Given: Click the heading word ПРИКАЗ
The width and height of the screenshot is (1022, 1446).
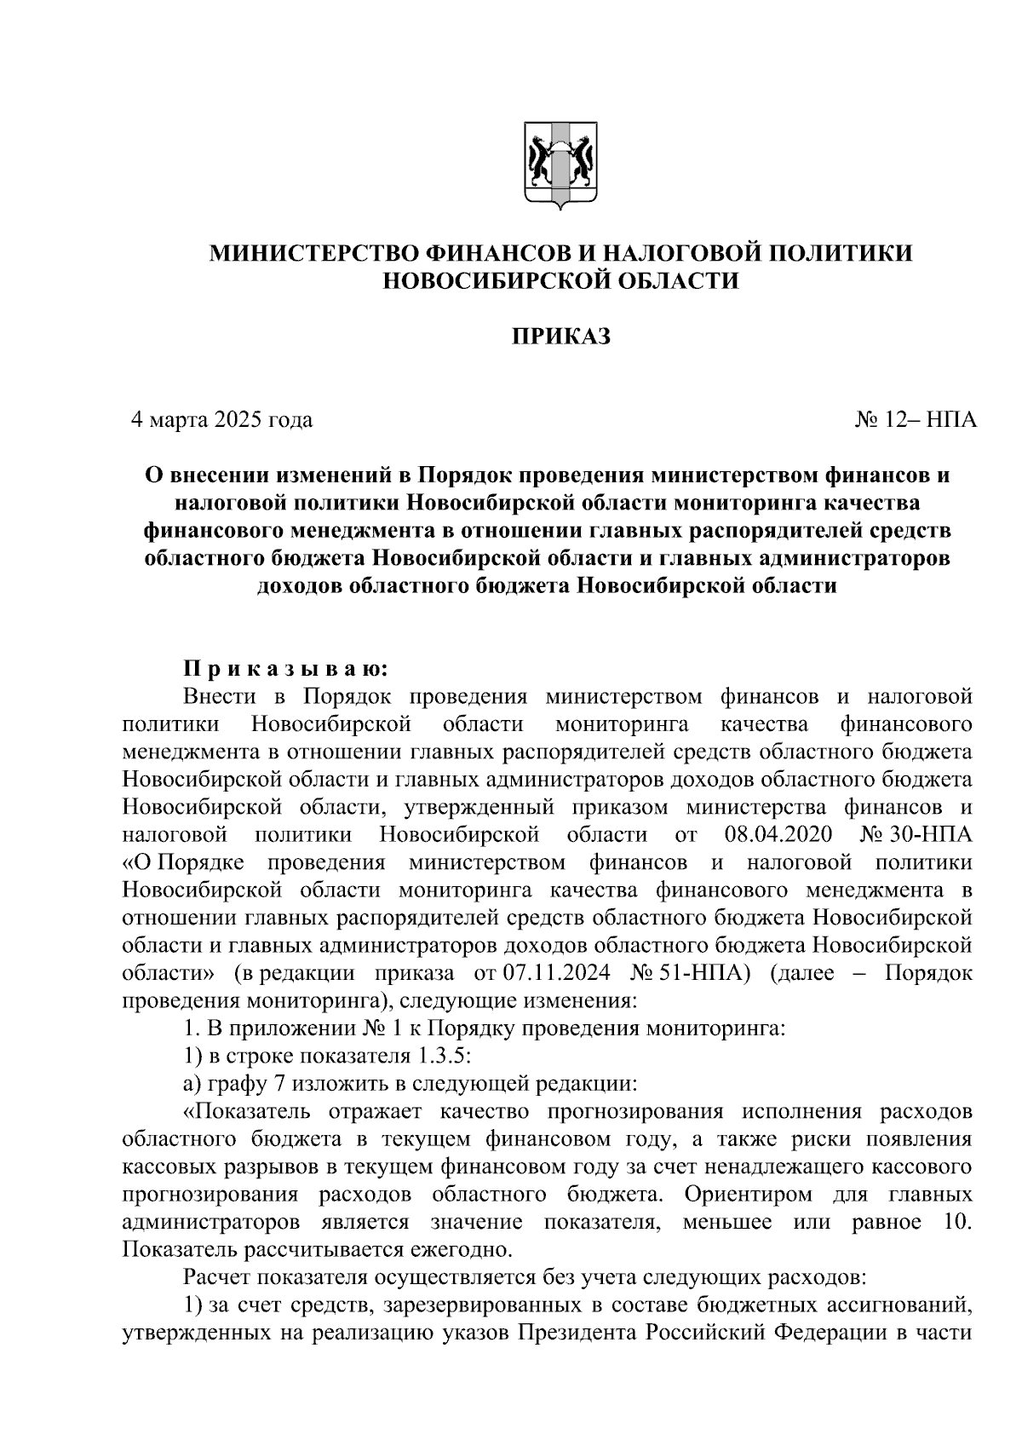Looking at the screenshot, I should coord(560,337).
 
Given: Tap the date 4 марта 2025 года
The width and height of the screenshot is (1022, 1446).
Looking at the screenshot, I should coord(221,420).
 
